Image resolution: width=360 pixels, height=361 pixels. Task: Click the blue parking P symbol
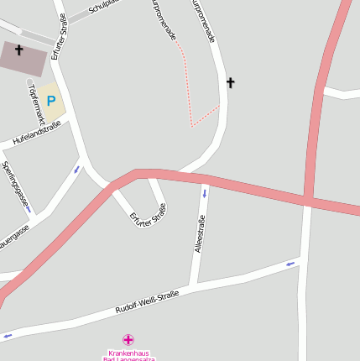click(x=50, y=101)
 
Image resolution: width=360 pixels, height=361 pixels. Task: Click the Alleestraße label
click(x=199, y=234)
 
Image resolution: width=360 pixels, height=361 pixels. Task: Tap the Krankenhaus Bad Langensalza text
click(x=128, y=356)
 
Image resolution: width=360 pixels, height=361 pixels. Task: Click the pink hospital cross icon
click(x=128, y=340)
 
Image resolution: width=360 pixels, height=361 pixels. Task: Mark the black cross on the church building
click(x=18, y=50)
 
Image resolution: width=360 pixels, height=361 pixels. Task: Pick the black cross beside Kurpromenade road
click(x=231, y=82)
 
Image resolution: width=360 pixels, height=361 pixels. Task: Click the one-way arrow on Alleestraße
click(x=204, y=194)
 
